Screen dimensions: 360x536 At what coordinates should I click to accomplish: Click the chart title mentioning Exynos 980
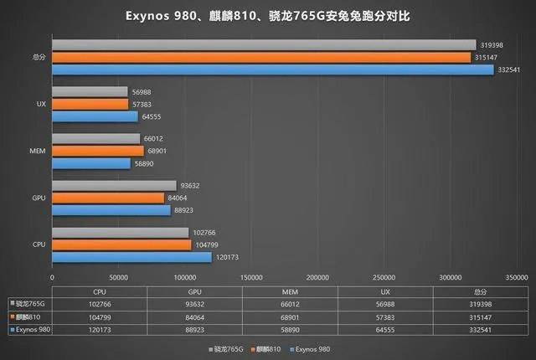267,16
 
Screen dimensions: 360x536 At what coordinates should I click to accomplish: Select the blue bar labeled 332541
273,70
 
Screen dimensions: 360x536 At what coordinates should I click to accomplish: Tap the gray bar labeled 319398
264,44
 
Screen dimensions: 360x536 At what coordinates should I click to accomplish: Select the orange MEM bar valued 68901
97,151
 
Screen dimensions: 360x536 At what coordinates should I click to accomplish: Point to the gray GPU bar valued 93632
114,185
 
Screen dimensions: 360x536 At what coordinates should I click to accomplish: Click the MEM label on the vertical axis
37,152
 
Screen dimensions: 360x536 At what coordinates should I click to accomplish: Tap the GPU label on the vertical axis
37,198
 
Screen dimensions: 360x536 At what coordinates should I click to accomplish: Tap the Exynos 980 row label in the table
31,332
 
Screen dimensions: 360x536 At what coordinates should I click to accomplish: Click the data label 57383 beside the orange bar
144,104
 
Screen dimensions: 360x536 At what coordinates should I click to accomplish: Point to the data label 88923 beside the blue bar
186,211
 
